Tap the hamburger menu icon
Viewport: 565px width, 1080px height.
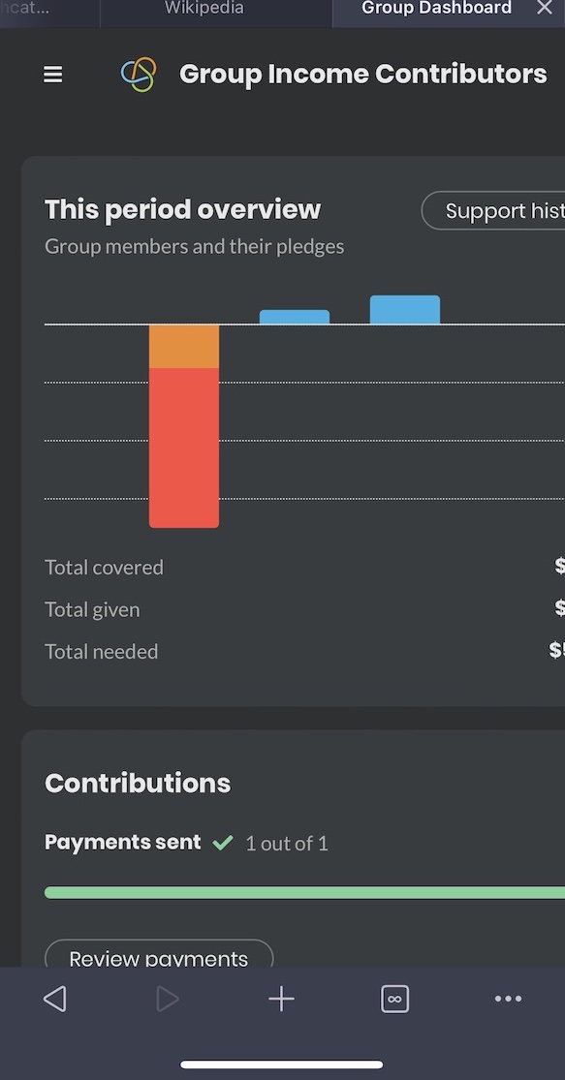click(x=53, y=75)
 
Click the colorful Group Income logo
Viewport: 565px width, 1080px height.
click(x=139, y=75)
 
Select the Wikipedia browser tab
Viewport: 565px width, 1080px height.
click(x=204, y=9)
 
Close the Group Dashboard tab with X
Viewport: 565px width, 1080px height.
click(x=545, y=9)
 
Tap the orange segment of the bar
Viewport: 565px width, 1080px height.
click(x=184, y=347)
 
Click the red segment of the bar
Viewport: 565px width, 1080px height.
click(x=184, y=447)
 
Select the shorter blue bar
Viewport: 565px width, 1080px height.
click(x=295, y=317)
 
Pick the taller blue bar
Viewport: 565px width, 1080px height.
click(x=405, y=310)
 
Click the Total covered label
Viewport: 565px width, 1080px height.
click(x=104, y=568)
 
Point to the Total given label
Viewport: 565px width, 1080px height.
click(x=92, y=610)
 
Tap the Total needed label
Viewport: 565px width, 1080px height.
click(x=101, y=652)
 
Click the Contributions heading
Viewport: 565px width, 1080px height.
click(x=138, y=784)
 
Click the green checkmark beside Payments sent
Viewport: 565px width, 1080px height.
click(x=223, y=844)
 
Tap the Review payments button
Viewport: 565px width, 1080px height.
click(x=159, y=958)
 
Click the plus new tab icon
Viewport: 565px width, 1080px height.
click(x=281, y=999)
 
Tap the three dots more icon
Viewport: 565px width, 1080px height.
click(x=508, y=999)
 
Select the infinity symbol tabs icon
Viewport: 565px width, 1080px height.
click(x=395, y=999)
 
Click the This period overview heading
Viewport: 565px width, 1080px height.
click(x=182, y=210)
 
